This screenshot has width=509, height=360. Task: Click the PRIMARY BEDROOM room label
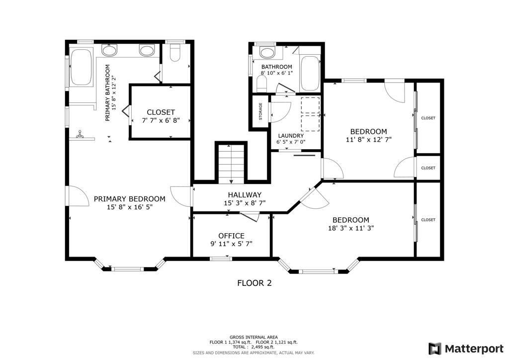tap(129, 199)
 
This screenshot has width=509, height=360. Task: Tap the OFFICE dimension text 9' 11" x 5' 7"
tap(231, 244)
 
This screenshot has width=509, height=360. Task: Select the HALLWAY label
tap(245, 195)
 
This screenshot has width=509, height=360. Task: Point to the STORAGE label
tap(260, 111)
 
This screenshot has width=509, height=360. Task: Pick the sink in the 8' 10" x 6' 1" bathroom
tap(268, 52)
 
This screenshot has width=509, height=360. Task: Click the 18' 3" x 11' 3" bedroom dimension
tap(351, 228)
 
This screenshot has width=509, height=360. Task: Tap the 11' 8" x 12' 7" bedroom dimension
tap(368, 140)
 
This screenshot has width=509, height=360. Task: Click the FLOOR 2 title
tap(254, 283)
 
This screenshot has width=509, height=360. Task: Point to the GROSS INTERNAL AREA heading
tap(254, 337)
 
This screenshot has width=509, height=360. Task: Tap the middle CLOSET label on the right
tap(428, 168)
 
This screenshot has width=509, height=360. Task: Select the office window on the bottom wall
tap(220, 258)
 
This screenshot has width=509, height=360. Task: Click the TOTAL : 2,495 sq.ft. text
tap(254, 347)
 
